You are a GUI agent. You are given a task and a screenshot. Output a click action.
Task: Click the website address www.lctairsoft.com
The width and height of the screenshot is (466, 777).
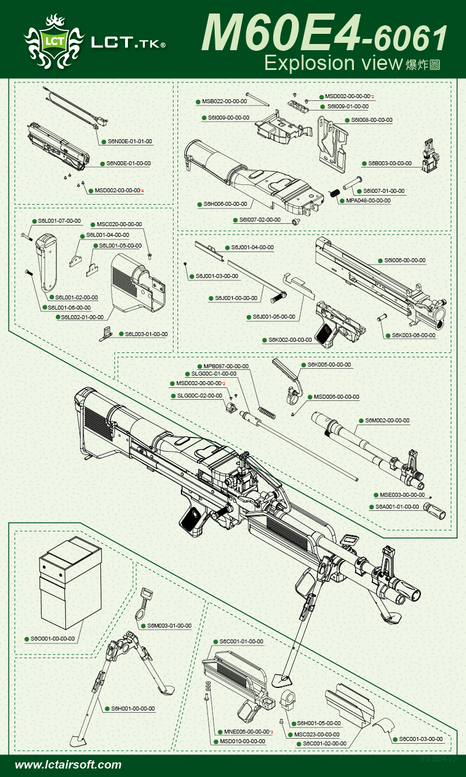[68, 765]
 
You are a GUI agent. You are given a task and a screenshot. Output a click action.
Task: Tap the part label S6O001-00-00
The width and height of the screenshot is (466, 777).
[52, 639]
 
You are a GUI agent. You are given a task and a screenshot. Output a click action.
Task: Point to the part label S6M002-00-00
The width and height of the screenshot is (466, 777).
[387, 421]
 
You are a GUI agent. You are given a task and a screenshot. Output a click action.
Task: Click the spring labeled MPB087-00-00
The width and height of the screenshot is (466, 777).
[267, 412]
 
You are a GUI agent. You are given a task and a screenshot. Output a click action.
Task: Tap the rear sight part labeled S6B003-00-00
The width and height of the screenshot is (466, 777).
[430, 154]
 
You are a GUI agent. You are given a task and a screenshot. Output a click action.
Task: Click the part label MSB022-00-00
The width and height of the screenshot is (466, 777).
[225, 101]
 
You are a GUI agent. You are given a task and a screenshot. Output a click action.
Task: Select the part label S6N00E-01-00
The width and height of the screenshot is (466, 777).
[128, 164]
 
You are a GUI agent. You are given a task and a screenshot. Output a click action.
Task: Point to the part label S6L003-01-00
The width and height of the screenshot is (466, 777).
[146, 334]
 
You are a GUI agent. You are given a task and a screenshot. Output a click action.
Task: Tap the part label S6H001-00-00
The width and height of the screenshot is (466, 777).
[133, 709]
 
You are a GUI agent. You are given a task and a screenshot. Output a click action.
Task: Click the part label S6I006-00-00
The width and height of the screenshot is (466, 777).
[405, 261]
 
